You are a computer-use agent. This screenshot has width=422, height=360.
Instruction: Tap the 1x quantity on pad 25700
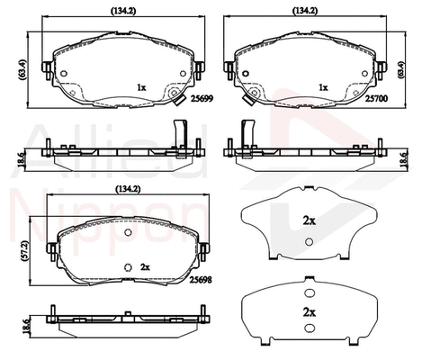coord(322,87)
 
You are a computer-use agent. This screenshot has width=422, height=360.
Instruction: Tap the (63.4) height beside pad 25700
coord(415,68)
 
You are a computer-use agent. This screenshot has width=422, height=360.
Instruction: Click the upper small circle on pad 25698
coord(128,233)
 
